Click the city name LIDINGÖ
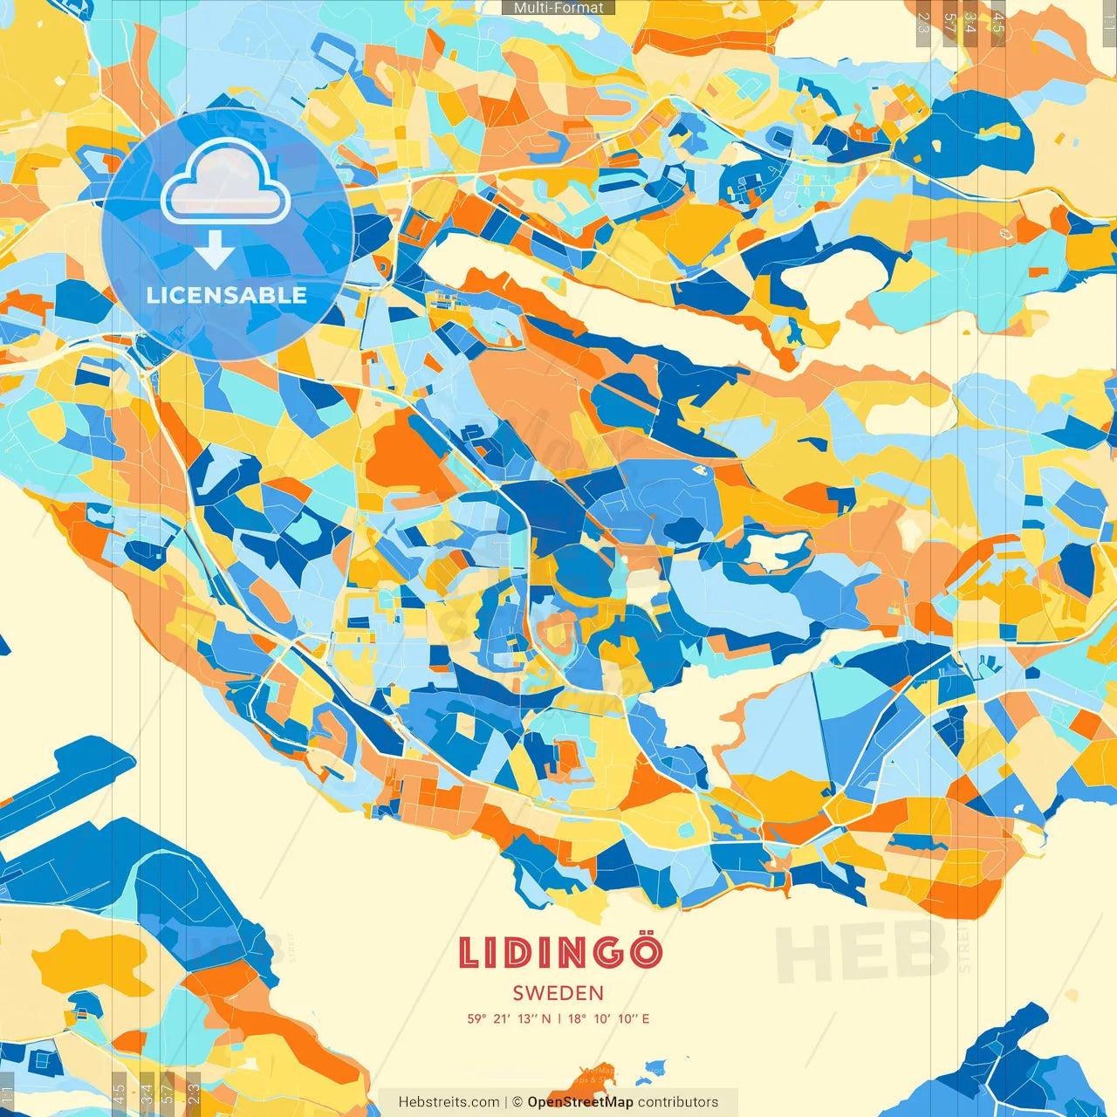(559, 952)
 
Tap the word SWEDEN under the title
(558, 993)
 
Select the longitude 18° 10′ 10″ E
(609, 1018)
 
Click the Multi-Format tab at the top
(558, 8)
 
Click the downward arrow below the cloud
(215, 250)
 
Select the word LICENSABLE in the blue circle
(227, 295)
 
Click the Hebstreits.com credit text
(449, 1102)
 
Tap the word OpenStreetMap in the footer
(580, 1102)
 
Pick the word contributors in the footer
(678, 1102)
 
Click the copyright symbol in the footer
(517, 1102)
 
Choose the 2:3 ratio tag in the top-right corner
(923, 23)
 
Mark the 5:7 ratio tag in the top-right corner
(949, 23)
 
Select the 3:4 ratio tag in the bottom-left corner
(147, 1093)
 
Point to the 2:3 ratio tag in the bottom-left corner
(194, 1093)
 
